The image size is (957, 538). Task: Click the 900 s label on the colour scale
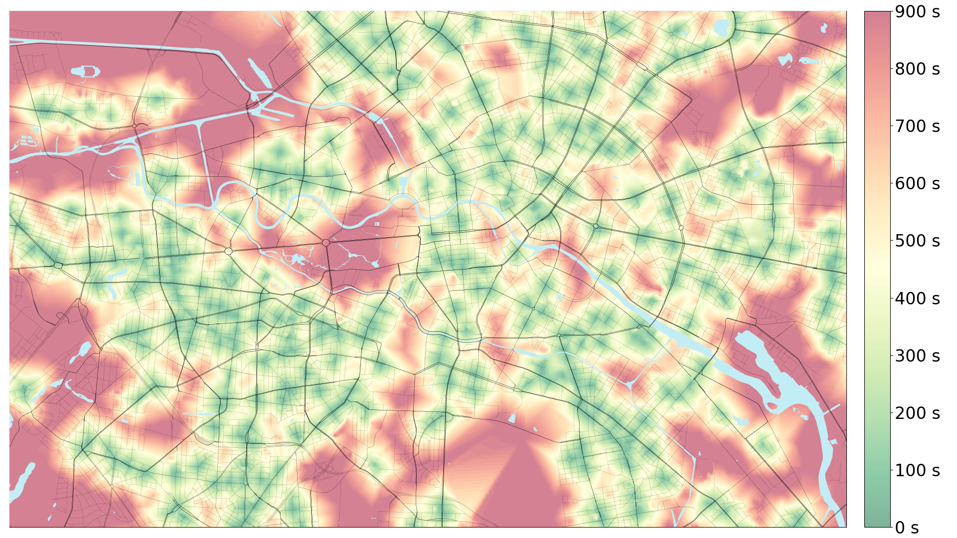pyautogui.click(x=917, y=11)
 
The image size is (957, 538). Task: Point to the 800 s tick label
pyautogui.click(x=917, y=69)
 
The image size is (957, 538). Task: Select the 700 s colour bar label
pyautogui.click(x=917, y=126)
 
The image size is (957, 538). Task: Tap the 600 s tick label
pyautogui.click(x=917, y=183)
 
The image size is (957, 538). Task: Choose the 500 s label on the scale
pyautogui.click(x=917, y=241)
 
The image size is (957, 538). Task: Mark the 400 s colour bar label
pyautogui.click(x=917, y=298)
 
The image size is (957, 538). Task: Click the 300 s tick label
pyautogui.click(x=917, y=356)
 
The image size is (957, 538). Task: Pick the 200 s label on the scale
pyautogui.click(x=917, y=413)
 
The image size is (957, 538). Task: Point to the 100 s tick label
pyautogui.click(x=917, y=470)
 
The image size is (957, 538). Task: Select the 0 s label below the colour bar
pyautogui.click(x=907, y=527)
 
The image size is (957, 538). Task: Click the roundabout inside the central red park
pyautogui.click(x=325, y=243)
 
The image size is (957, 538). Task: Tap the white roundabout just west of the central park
pyautogui.click(x=228, y=251)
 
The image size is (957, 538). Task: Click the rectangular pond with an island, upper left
pyautogui.click(x=86, y=72)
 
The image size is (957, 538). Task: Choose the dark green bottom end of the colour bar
pyautogui.click(x=877, y=523)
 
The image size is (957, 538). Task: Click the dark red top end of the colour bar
pyautogui.click(x=877, y=15)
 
